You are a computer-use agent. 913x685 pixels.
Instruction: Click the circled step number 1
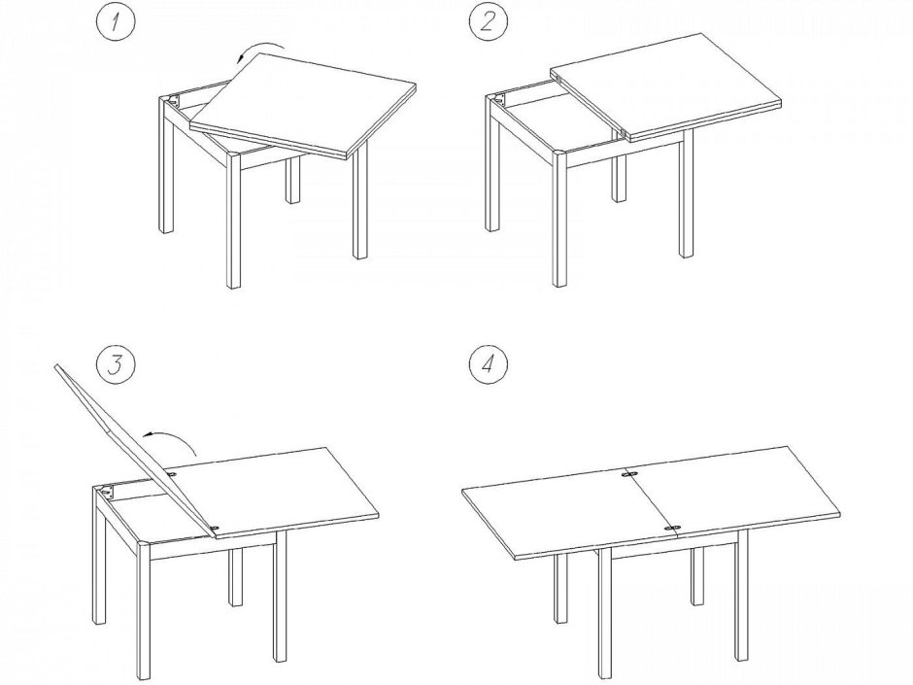[x=116, y=23]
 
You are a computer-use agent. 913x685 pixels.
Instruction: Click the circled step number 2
[x=488, y=23]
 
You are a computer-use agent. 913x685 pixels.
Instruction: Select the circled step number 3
[x=116, y=364]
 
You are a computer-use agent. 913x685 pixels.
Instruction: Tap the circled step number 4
[x=488, y=364]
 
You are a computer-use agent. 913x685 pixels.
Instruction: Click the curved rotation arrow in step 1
[x=259, y=46]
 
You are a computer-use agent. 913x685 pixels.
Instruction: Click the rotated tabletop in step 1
[x=303, y=106]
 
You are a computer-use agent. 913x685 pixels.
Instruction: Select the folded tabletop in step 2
[x=664, y=86]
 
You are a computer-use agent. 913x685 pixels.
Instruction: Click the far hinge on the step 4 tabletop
[x=628, y=475]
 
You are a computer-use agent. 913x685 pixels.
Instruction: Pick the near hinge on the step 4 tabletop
[x=673, y=528]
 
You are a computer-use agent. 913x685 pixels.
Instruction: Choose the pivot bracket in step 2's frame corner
[x=500, y=100]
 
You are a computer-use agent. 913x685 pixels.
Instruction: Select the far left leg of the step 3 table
[x=99, y=554]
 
